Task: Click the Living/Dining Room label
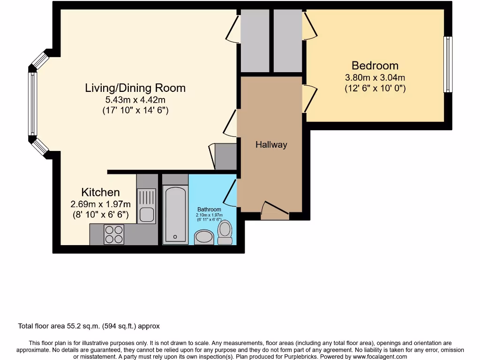(135, 88)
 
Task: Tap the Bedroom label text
(375, 66)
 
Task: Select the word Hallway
(271, 145)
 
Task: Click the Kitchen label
(100, 192)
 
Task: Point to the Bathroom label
(209, 210)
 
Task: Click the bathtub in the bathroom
(175, 214)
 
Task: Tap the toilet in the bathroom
(225, 232)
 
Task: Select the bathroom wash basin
(204, 237)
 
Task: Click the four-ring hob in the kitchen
(114, 234)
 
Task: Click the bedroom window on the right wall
(448, 64)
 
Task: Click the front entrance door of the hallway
(275, 211)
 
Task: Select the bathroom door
(230, 193)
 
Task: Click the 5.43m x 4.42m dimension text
(135, 100)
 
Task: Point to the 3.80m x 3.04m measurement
(375, 77)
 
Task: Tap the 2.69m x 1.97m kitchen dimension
(100, 204)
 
